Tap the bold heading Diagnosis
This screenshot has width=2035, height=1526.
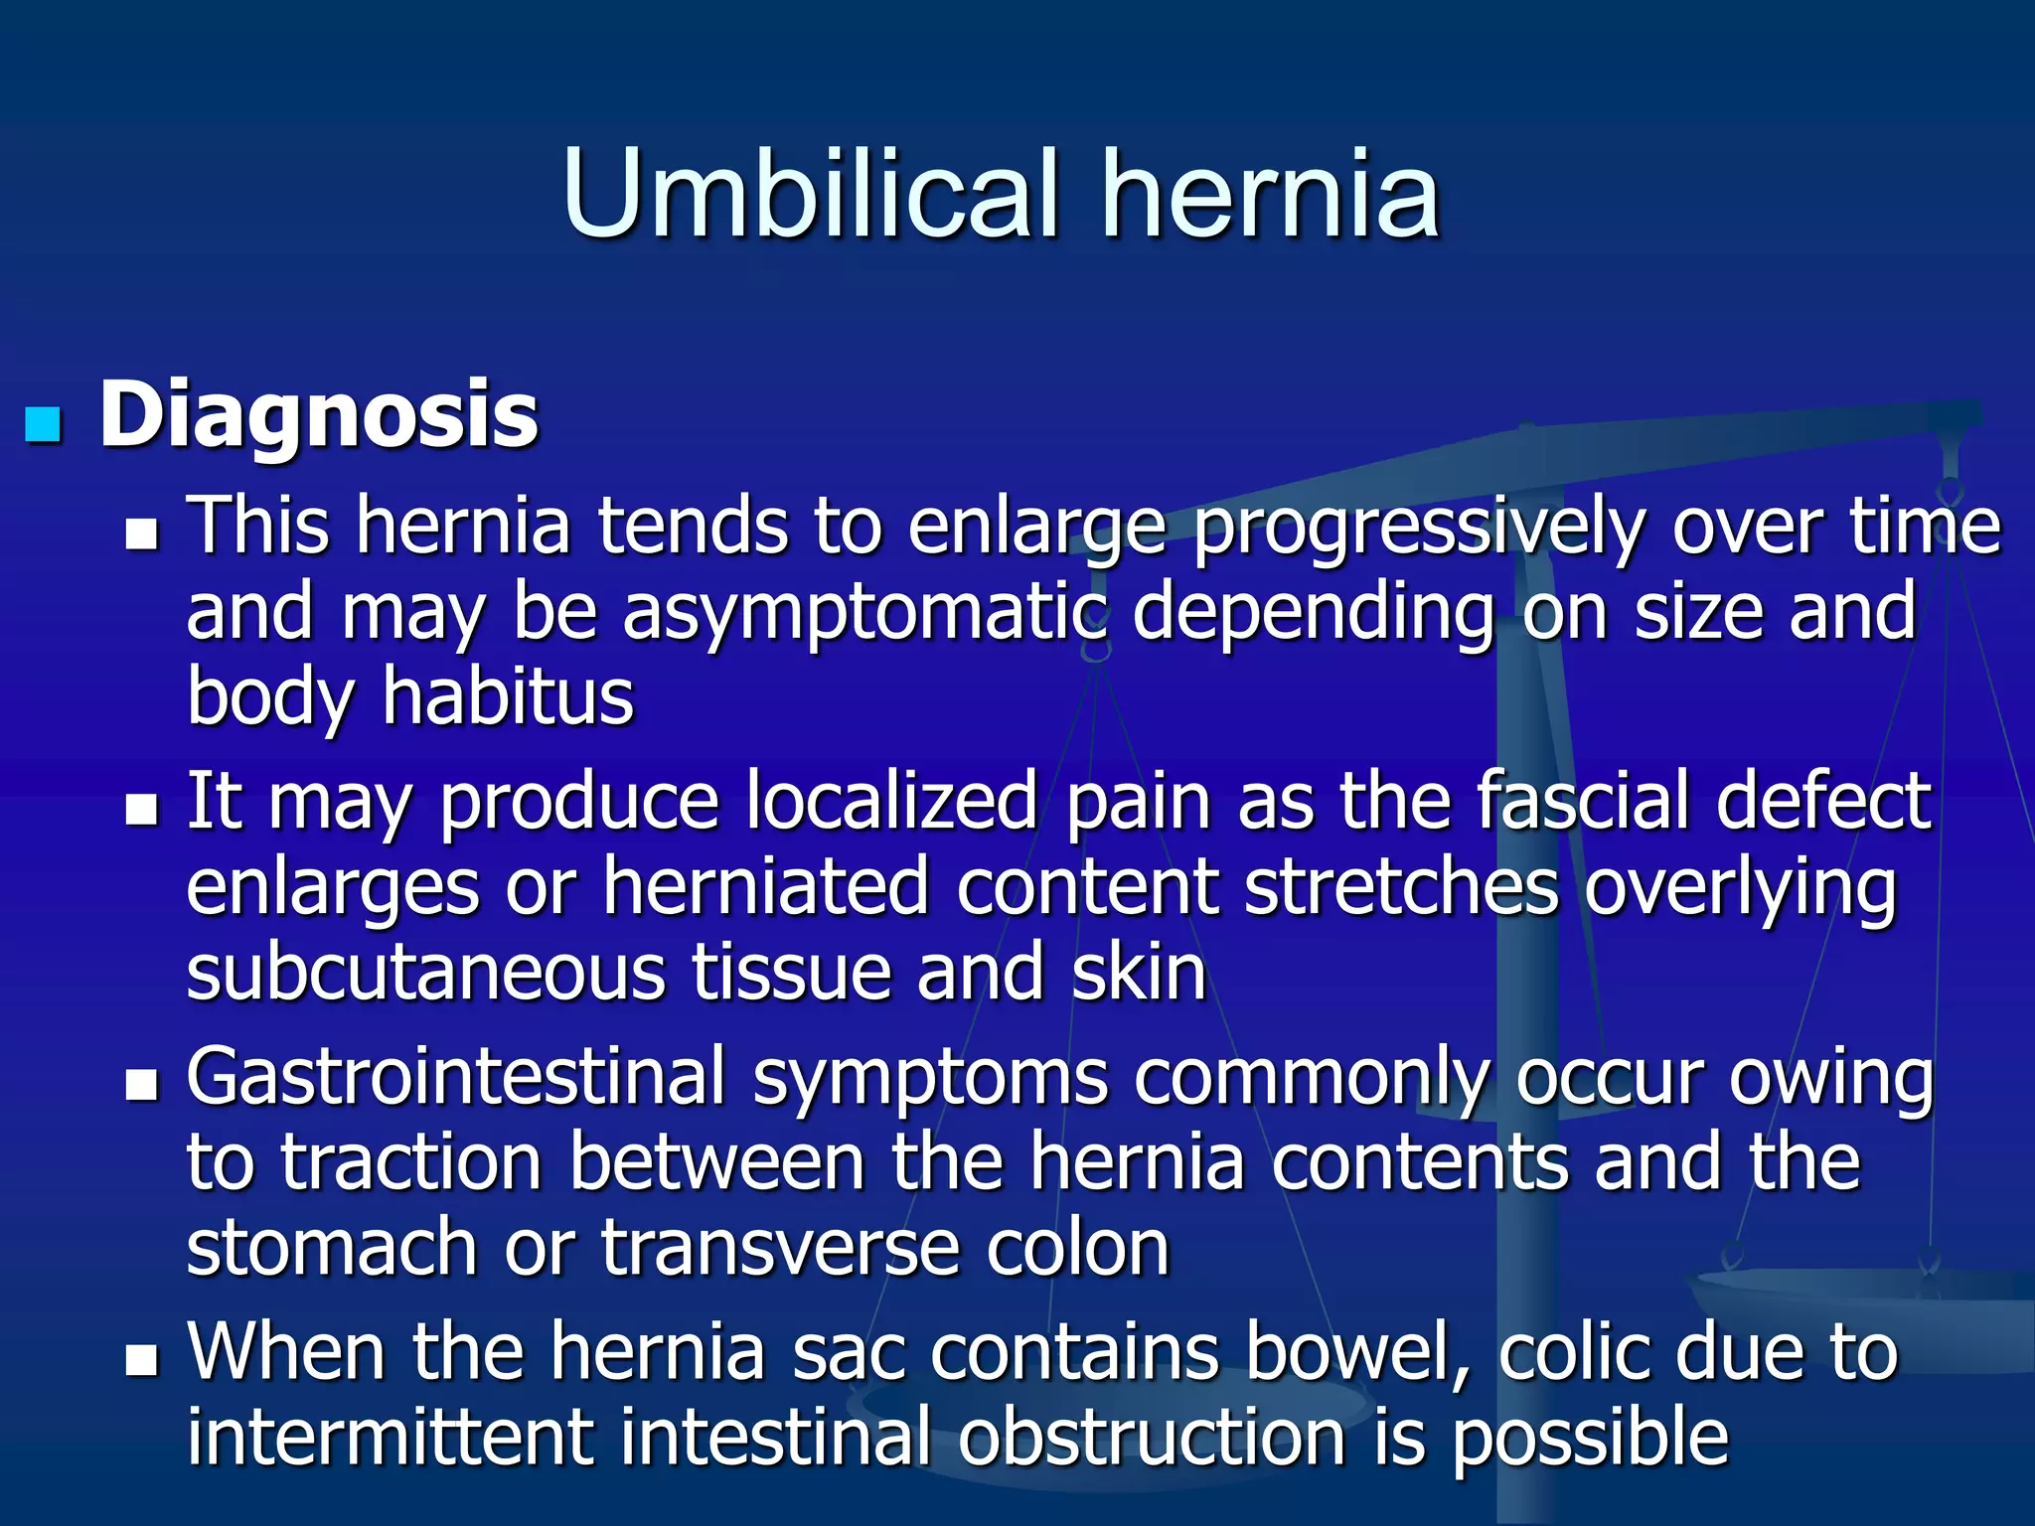[318, 415]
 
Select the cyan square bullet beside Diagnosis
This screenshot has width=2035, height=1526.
[43, 424]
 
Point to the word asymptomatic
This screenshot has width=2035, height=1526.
[863, 614]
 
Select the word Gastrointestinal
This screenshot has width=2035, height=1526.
[456, 1077]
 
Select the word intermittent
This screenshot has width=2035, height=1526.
[391, 1437]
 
